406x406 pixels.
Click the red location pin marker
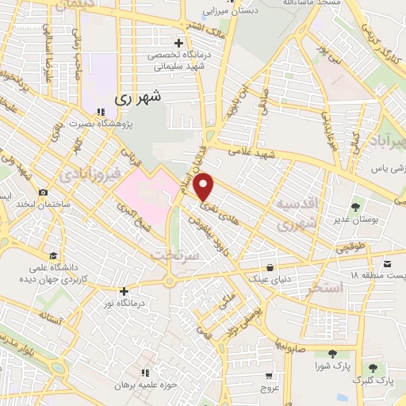pos(205,187)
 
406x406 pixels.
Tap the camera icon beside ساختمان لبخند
pos(43,193)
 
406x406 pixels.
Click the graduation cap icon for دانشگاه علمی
pos(53,256)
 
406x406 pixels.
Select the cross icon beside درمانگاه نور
pos(123,291)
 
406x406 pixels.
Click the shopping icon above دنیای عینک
pos(271,266)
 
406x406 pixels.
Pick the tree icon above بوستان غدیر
pos(355,207)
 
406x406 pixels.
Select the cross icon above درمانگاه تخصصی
pos(178,42)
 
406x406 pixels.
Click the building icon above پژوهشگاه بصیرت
pos(99,113)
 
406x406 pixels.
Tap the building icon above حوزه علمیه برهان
pos(144,371)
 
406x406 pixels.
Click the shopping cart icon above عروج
pos(270,376)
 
